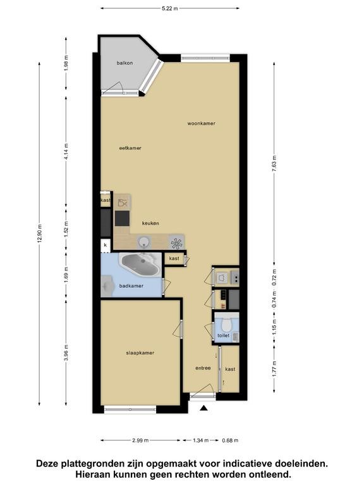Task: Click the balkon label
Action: click(x=124, y=63)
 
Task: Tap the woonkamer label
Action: click(x=201, y=123)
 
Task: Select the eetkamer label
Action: click(x=130, y=148)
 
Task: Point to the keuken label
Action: click(x=150, y=223)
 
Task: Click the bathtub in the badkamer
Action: click(x=141, y=265)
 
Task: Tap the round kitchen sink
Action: click(x=143, y=242)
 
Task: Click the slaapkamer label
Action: click(x=140, y=352)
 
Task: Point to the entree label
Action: click(x=203, y=368)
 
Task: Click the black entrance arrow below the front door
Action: click(x=203, y=408)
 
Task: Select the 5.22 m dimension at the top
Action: click(x=170, y=8)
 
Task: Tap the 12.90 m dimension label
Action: click(x=39, y=234)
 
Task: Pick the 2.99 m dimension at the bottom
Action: click(x=140, y=440)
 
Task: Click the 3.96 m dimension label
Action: click(x=66, y=353)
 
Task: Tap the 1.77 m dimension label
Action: click(x=274, y=369)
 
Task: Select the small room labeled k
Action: click(x=106, y=245)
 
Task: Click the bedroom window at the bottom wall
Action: click(x=130, y=409)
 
